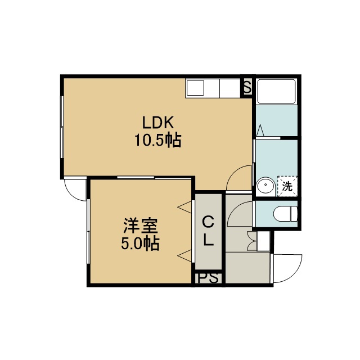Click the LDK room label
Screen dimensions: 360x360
pos(158,123)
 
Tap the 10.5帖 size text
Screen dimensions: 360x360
pos(158,140)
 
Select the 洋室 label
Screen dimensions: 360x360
pos(141,226)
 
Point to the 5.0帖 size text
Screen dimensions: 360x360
pos(140,243)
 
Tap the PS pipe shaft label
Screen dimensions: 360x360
pos(208,278)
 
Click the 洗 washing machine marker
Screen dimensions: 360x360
pos(287,186)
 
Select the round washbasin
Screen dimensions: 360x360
pos(266,185)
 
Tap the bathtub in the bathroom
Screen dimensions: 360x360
pos(276,91)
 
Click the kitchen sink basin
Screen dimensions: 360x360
pos(195,88)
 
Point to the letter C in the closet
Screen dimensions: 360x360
pos(208,222)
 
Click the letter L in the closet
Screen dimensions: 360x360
pos(209,240)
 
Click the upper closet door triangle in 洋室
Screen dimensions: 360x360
pos(184,207)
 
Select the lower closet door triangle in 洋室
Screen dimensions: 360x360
pos(184,255)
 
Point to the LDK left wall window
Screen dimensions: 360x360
pos(62,127)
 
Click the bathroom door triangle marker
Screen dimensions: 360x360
pos(260,130)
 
